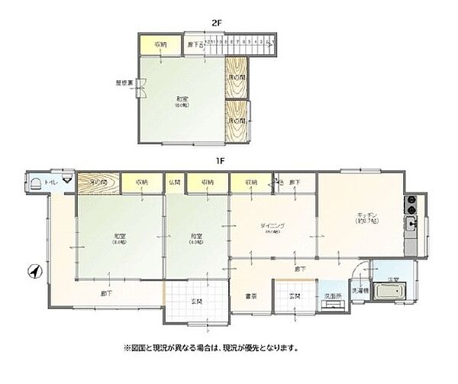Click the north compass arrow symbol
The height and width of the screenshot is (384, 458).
(x=33, y=270)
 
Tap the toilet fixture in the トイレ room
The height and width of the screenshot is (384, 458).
(x=36, y=181)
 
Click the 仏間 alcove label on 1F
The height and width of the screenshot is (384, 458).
(x=174, y=182)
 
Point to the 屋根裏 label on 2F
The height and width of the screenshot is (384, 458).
(x=124, y=83)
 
